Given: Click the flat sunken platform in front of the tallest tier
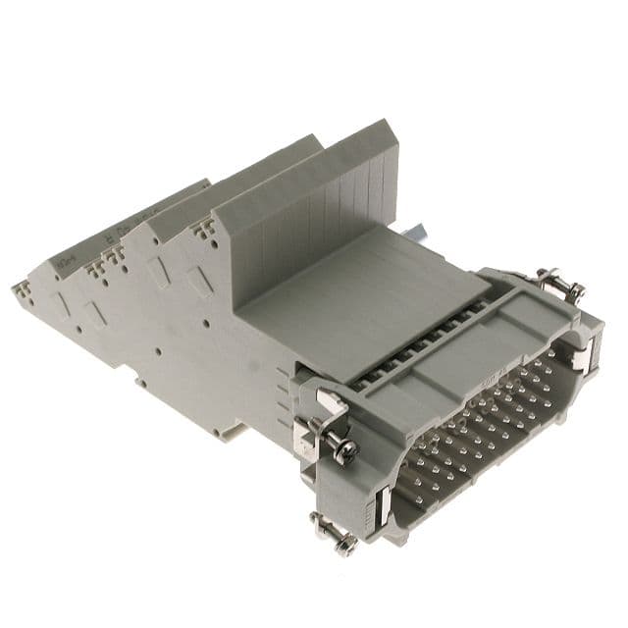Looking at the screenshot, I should [343, 285].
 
